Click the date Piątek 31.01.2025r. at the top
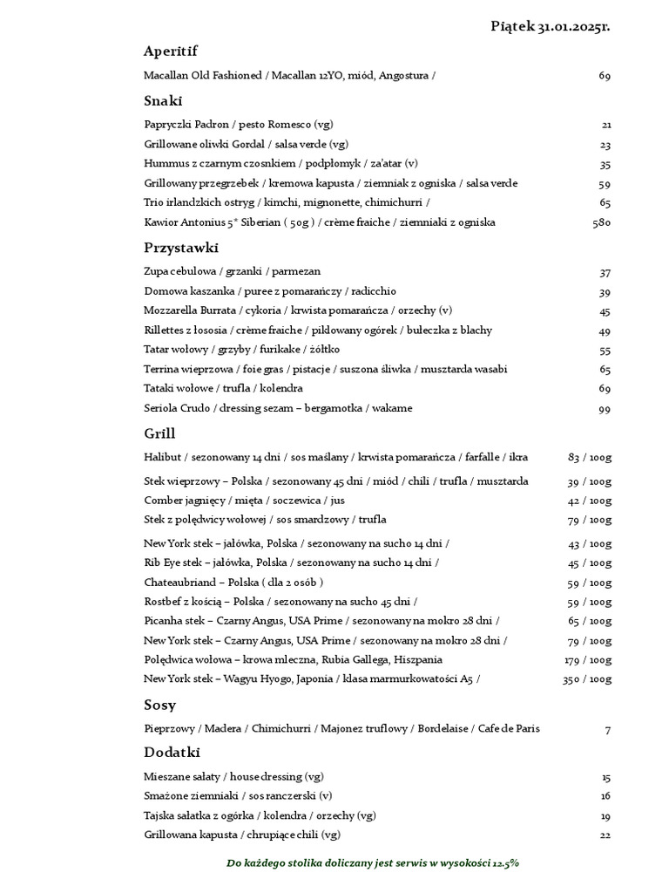pyautogui.click(x=551, y=27)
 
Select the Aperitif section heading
pyautogui.click(x=171, y=51)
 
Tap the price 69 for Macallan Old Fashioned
pyautogui.click(x=605, y=76)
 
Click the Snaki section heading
pyautogui.click(x=162, y=100)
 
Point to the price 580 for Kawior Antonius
pyautogui.click(x=600, y=222)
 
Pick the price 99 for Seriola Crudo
pyautogui.click(x=605, y=408)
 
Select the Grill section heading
pyautogui.click(x=159, y=433)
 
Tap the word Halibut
pyautogui.click(x=163, y=457)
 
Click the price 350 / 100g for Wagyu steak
pyautogui.click(x=586, y=678)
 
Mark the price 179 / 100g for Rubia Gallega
pyautogui.click(x=586, y=659)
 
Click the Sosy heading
pyautogui.click(x=160, y=705)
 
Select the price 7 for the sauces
pyautogui.click(x=608, y=729)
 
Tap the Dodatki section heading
pyautogui.click(x=172, y=752)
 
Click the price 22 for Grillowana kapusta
pyautogui.click(x=605, y=835)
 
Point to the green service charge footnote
pyautogui.click(x=373, y=862)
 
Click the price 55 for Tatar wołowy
pyautogui.click(x=605, y=350)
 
